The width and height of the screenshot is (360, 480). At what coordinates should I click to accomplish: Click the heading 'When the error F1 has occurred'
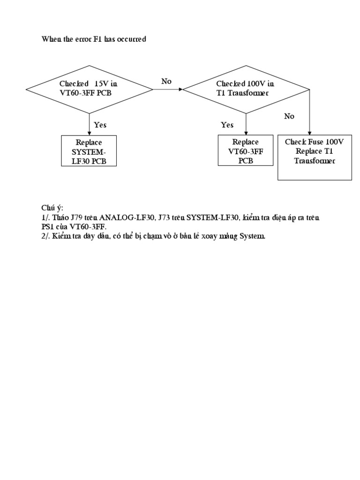(94, 39)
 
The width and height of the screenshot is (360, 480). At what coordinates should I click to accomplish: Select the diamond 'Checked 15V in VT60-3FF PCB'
(89, 89)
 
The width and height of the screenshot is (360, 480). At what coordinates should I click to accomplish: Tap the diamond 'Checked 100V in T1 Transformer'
(246, 89)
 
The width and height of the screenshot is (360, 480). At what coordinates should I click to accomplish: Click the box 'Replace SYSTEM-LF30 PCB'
(89, 151)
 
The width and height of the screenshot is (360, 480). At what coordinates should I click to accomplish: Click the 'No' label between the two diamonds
(166, 82)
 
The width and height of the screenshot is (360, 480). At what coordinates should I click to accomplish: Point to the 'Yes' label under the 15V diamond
(100, 125)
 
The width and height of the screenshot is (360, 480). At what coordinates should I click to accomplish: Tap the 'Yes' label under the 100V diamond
(227, 125)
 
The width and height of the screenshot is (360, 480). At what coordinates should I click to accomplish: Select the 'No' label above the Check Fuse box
(289, 116)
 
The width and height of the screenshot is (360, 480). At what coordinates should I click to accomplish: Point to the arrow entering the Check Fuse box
(309, 117)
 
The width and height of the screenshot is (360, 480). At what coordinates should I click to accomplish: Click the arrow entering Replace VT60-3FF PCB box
(246, 126)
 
